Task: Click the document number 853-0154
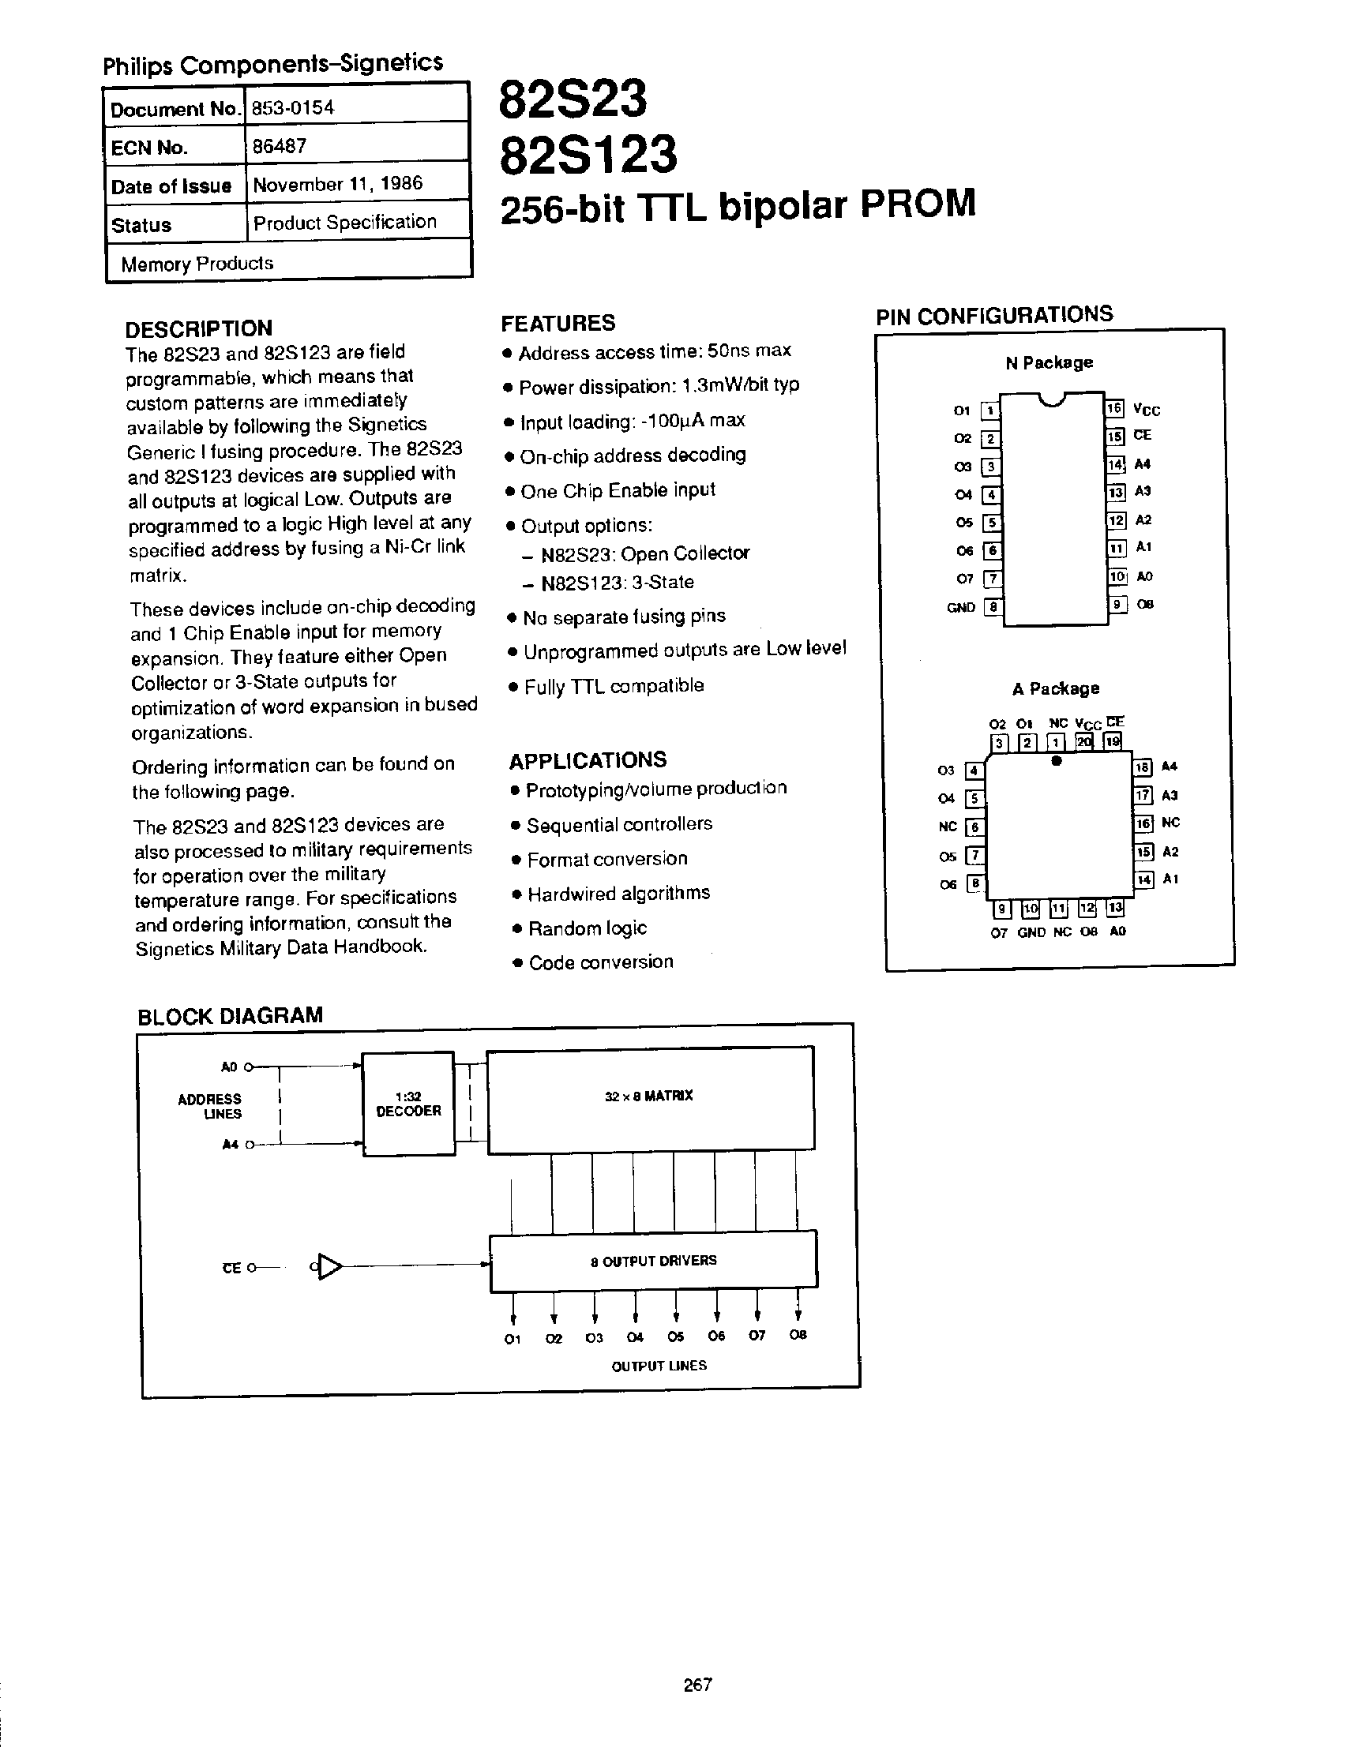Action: point(293,108)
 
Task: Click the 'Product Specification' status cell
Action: point(345,223)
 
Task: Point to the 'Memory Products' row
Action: point(197,263)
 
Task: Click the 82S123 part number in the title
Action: point(588,155)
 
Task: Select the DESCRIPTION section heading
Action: point(199,328)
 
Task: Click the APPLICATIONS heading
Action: point(588,759)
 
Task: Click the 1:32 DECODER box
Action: point(409,1103)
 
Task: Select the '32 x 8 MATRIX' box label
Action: point(649,1096)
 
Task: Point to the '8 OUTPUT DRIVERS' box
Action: point(653,1261)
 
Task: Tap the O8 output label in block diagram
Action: point(798,1334)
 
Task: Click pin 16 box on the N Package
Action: point(1114,409)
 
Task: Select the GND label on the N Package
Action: point(960,607)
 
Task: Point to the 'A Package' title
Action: point(1055,688)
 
